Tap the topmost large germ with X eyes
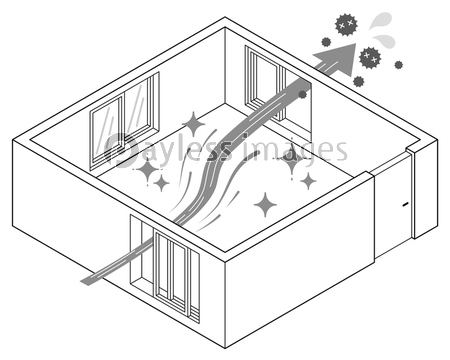click(x=346, y=24)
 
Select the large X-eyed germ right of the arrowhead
click(x=370, y=57)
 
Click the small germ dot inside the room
click(x=302, y=94)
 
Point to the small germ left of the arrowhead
click(x=326, y=42)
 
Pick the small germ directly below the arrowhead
click(x=358, y=81)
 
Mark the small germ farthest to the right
click(x=399, y=65)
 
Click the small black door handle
click(x=405, y=204)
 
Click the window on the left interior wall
click(x=124, y=121)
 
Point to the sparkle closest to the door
click(x=308, y=181)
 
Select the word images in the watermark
click(x=295, y=150)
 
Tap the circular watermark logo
click(x=121, y=149)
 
